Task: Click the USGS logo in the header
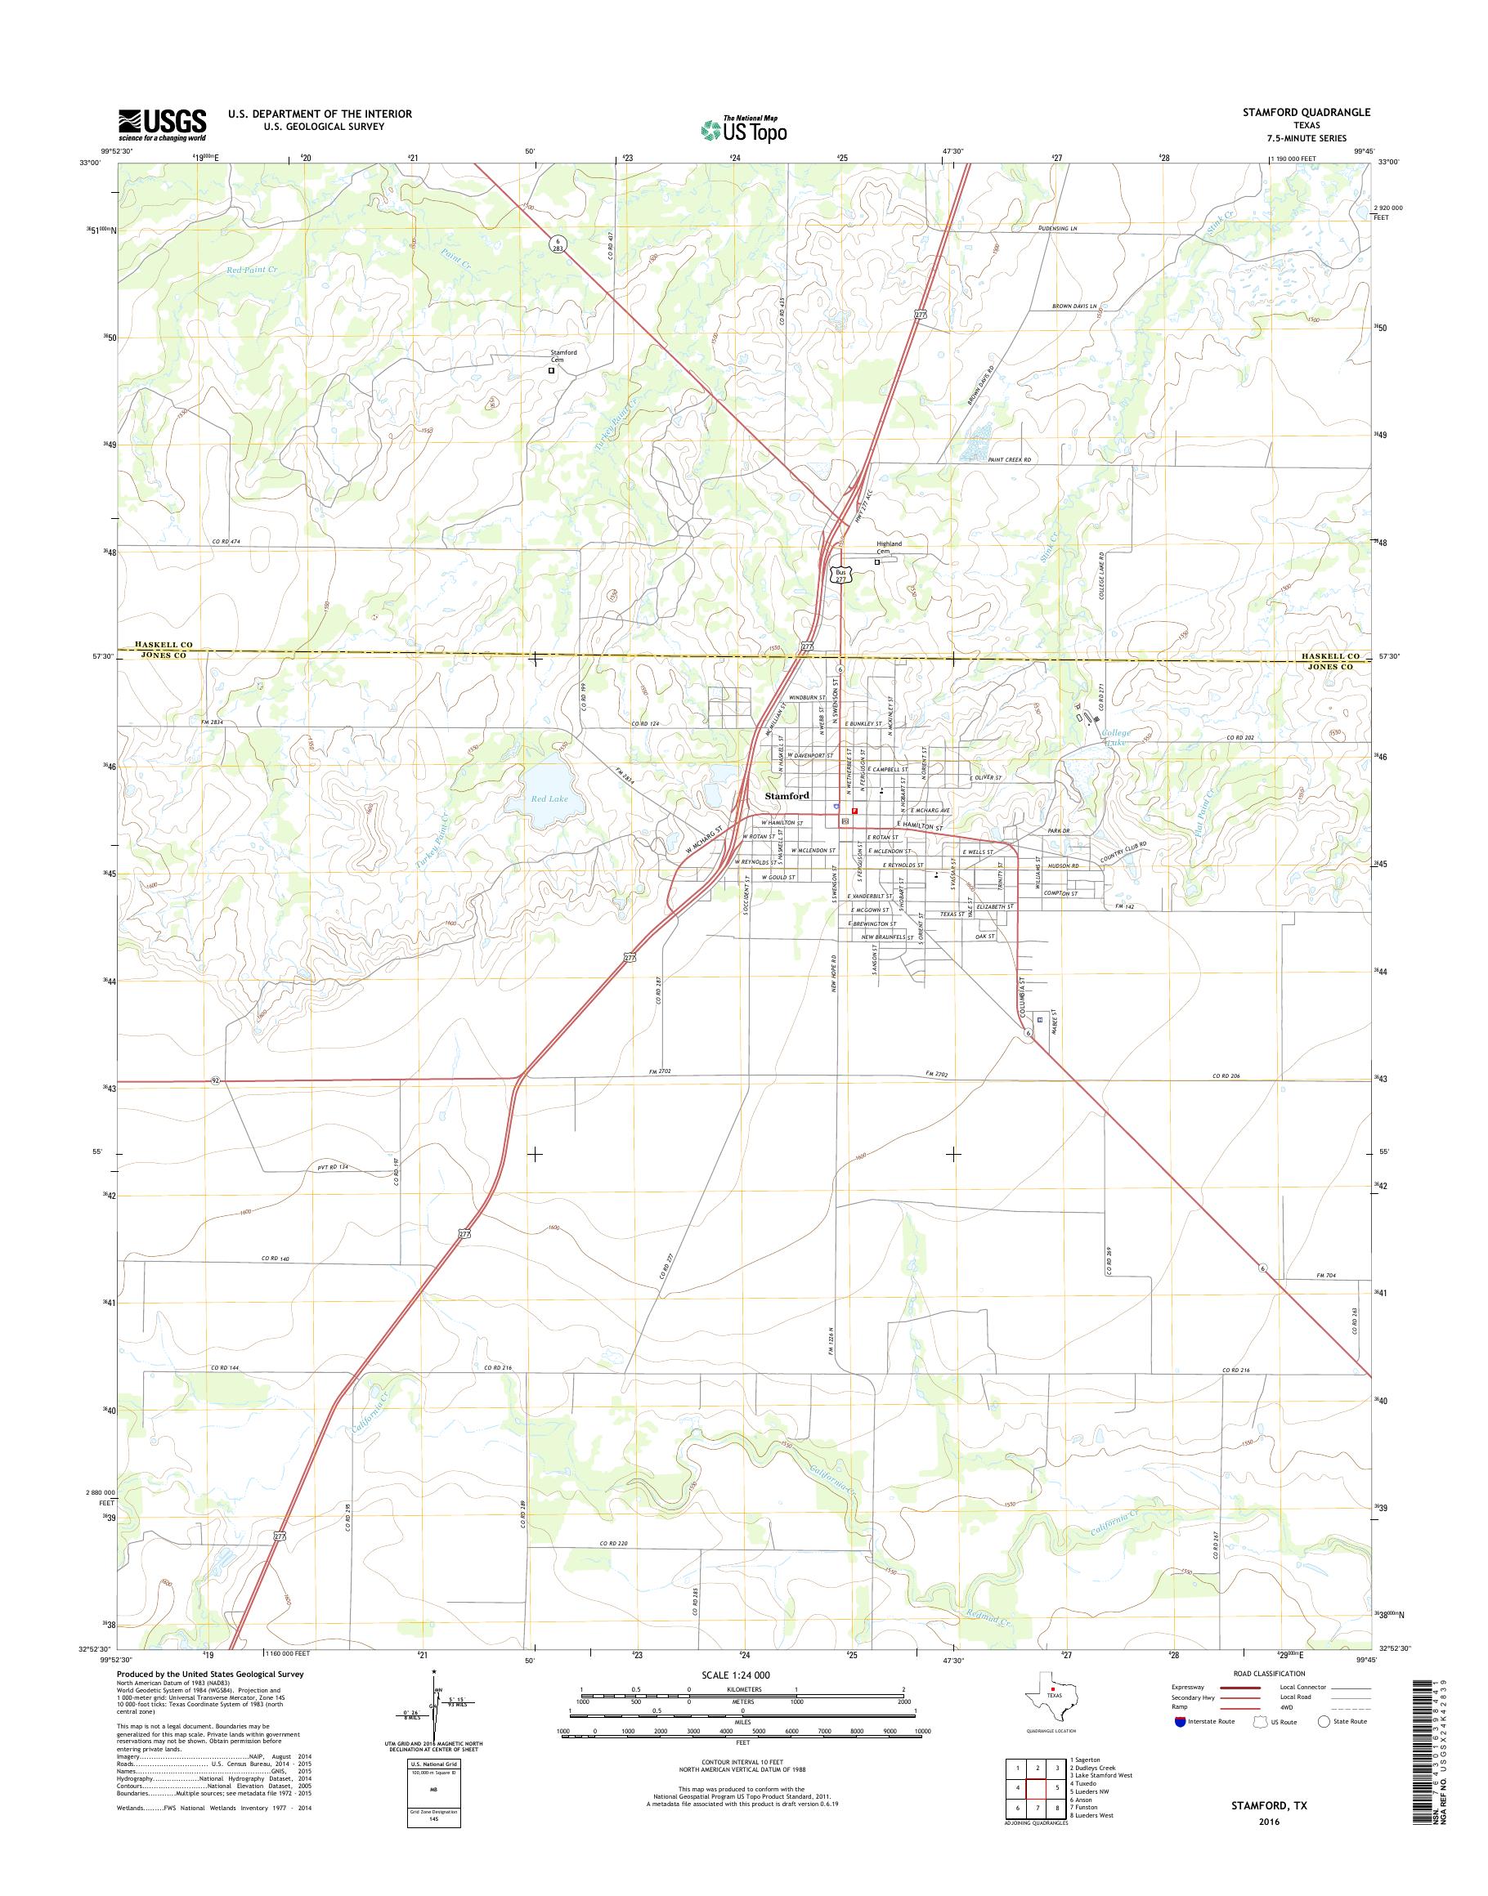click(162, 125)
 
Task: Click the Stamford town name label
click(787, 795)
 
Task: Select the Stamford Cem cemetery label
click(562, 356)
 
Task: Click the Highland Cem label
click(889, 547)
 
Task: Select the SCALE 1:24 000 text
click(735, 1675)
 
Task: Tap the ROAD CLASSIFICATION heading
click(1268, 1674)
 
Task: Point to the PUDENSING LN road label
click(1058, 228)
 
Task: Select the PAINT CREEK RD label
click(1009, 459)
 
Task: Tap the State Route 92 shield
click(214, 1081)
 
